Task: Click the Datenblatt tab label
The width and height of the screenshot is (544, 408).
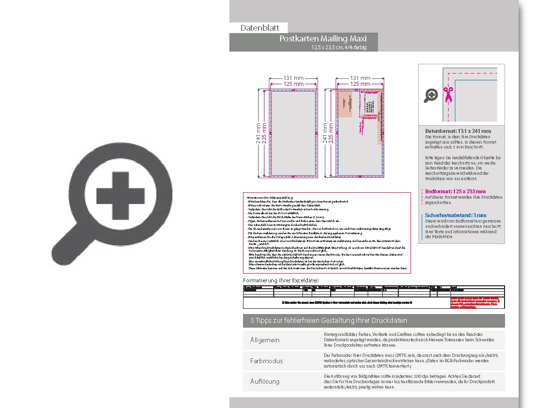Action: pyautogui.click(x=260, y=28)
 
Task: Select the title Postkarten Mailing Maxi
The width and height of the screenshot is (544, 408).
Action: pyautogui.click(x=322, y=39)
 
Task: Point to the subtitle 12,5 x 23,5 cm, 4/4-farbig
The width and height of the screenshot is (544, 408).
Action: pyautogui.click(x=338, y=48)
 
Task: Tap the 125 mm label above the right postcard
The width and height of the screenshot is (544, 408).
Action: pyautogui.click(x=360, y=84)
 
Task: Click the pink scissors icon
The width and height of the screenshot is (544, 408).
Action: pyautogui.click(x=448, y=93)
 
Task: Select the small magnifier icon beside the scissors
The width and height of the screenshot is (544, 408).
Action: pyautogui.click(x=431, y=95)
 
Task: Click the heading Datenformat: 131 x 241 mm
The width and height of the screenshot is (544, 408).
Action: pyautogui.click(x=458, y=131)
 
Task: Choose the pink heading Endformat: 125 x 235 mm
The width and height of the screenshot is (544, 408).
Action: pyautogui.click(x=455, y=191)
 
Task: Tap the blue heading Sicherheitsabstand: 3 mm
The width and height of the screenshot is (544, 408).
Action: pyautogui.click(x=455, y=215)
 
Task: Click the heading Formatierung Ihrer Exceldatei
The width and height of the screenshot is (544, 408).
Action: pyautogui.click(x=281, y=280)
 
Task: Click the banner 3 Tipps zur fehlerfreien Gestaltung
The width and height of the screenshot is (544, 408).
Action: pyautogui.click(x=329, y=320)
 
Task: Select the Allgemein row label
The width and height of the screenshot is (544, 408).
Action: pyautogui.click(x=265, y=340)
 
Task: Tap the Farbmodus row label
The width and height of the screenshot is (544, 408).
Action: pyautogui.click(x=266, y=361)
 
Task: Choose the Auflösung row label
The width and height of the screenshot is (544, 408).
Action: pyautogui.click(x=265, y=381)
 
